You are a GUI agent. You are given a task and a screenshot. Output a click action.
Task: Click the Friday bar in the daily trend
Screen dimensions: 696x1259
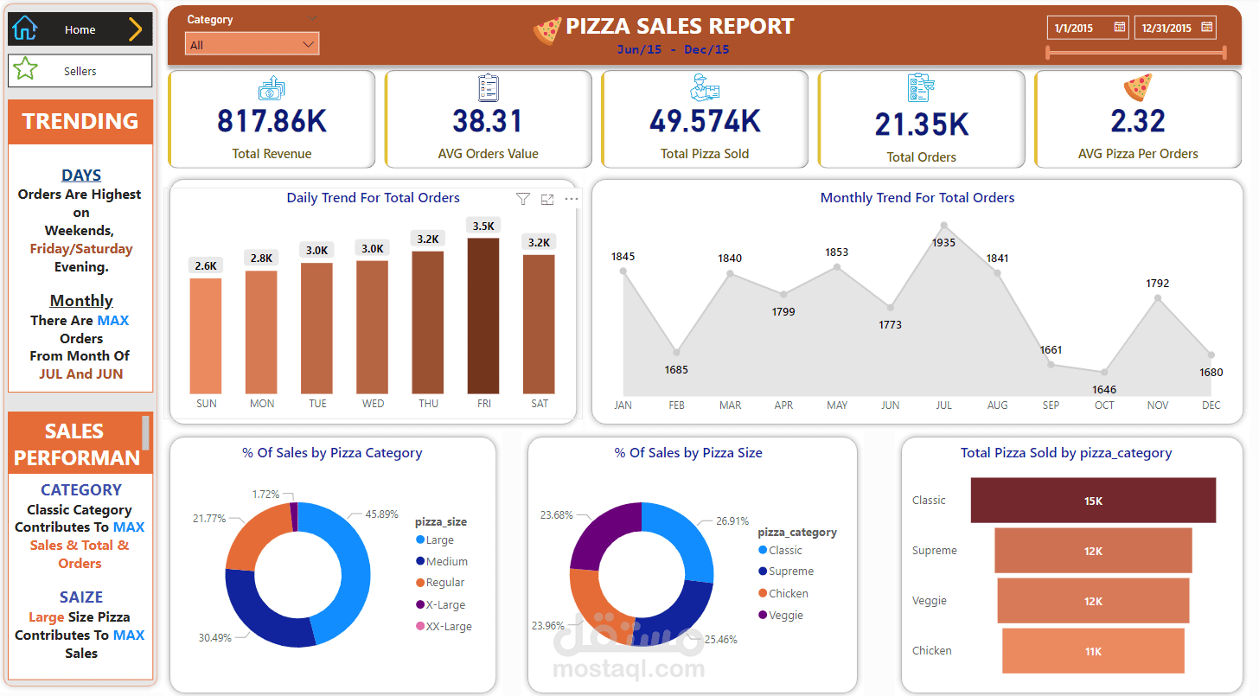(483, 316)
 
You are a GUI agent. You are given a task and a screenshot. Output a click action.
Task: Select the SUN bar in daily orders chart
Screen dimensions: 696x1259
(206, 335)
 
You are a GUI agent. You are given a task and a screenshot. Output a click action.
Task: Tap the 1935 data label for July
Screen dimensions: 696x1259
(943, 243)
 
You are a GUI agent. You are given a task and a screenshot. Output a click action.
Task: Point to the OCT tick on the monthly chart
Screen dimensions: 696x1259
(1104, 405)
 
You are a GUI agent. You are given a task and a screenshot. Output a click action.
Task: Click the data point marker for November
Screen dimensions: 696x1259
(1158, 298)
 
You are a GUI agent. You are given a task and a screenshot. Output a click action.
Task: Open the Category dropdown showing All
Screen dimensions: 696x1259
(252, 44)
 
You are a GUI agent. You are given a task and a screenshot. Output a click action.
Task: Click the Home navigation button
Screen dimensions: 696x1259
(80, 29)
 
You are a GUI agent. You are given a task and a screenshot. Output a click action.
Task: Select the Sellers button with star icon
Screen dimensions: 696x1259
(80, 71)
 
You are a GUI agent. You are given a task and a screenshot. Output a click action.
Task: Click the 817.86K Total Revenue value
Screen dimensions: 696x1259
(272, 122)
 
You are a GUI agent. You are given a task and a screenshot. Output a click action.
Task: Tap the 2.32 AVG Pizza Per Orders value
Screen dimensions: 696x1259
(1138, 122)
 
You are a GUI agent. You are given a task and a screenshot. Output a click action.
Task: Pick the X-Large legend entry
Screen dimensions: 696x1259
(445, 604)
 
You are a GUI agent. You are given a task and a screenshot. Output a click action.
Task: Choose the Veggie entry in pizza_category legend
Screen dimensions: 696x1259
(785, 616)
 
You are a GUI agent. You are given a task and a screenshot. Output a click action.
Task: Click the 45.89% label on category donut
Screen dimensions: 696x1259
(381, 514)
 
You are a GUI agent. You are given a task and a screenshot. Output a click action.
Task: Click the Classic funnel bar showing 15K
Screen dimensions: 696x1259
(1093, 501)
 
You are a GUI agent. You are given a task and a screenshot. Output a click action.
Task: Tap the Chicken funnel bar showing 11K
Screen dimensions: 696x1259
(1093, 651)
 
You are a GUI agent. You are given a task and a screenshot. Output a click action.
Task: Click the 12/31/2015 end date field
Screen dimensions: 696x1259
(1166, 28)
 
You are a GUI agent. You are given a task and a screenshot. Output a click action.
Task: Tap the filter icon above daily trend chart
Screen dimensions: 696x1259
(522, 200)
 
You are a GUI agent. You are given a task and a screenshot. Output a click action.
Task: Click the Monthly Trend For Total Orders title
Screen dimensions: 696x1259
(917, 198)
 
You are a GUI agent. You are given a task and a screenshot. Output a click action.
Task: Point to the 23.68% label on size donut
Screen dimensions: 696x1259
(557, 514)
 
